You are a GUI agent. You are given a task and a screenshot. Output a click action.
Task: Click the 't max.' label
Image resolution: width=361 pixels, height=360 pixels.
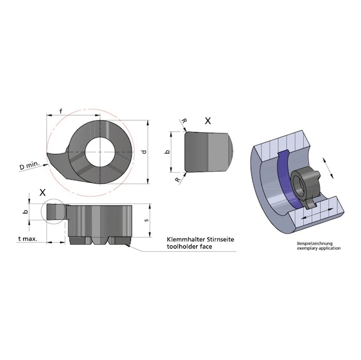(x=28, y=239)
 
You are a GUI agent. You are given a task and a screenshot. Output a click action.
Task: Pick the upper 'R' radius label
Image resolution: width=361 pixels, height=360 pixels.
(x=182, y=121)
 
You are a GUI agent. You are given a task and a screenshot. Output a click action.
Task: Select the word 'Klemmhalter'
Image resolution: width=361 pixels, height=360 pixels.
(x=180, y=240)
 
